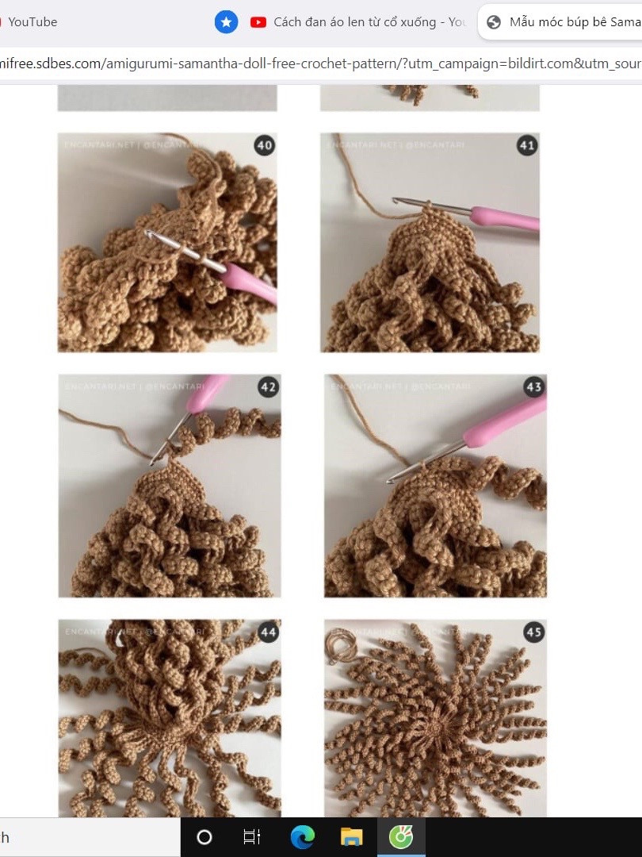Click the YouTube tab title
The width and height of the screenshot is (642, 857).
point(32,22)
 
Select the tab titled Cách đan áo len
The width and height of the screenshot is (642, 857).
point(369,22)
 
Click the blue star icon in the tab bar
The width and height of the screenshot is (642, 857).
point(227,22)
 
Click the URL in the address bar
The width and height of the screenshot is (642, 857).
point(317,63)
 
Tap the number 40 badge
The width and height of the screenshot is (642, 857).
point(265,145)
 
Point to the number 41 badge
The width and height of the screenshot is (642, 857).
point(526,145)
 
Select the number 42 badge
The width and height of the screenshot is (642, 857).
point(268,387)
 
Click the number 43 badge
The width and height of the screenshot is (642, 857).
point(533,387)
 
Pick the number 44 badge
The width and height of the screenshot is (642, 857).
point(268,632)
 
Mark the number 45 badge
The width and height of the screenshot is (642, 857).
point(533,632)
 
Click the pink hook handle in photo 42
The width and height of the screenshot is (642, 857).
point(206,393)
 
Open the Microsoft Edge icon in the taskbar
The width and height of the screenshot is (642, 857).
point(302,837)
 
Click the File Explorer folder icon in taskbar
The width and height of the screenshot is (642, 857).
point(351,837)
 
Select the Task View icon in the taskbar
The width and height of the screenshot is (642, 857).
point(252,837)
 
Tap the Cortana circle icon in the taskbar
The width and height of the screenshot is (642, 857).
point(204,837)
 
